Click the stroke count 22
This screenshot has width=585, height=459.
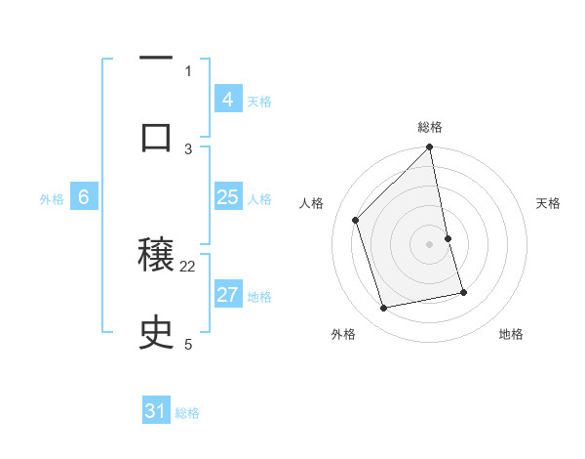[x=188, y=266]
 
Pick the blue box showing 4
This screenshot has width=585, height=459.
[x=227, y=99]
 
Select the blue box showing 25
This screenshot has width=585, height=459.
[x=227, y=198]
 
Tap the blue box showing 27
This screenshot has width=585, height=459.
[x=227, y=296]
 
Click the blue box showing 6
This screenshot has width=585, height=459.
[x=84, y=197]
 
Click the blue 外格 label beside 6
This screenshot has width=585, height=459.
[x=52, y=198]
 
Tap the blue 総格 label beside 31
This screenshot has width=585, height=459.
[x=187, y=413]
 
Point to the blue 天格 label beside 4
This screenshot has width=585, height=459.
[x=258, y=101]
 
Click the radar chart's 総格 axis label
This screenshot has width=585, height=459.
[x=430, y=127]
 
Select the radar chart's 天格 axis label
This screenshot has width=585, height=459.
[x=549, y=203]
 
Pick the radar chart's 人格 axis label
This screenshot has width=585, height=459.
[x=312, y=203]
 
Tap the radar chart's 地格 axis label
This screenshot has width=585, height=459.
[x=511, y=334]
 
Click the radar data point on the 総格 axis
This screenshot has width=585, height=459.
[x=430, y=148]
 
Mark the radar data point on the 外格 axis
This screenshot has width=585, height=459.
[x=384, y=309]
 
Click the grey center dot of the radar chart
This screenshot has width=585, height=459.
[x=430, y=243]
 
